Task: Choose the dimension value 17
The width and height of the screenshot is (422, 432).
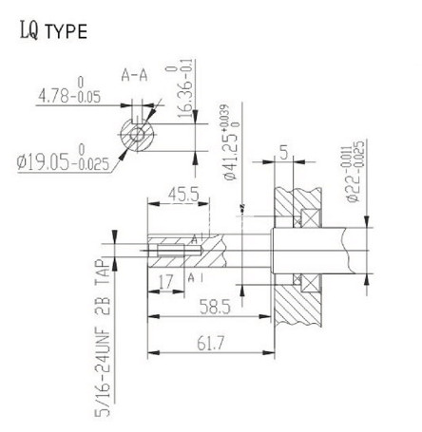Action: point(167,281)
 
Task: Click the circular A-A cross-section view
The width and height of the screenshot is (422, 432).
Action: point(138,134)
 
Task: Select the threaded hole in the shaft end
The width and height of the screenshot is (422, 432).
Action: point(165,252)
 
